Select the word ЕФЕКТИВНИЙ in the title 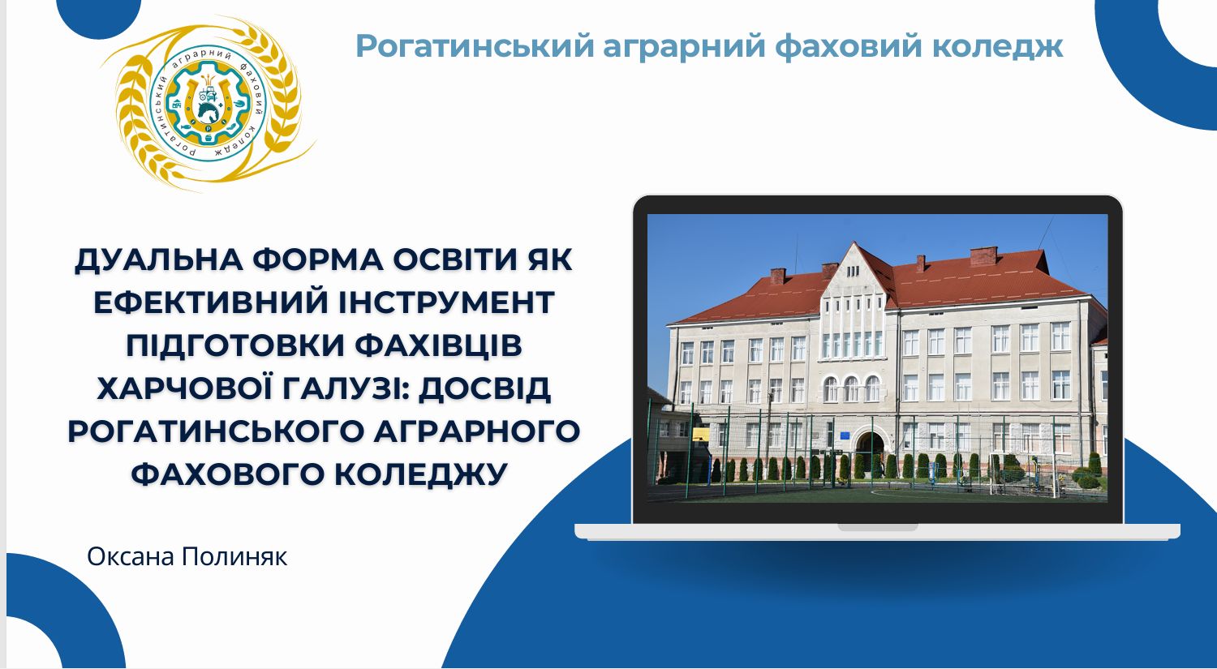209,302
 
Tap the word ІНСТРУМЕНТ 446,302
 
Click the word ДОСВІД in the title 484,389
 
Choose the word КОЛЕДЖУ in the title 420,474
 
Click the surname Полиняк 234,557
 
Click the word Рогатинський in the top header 475,45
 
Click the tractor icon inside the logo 208,94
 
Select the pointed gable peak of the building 855,244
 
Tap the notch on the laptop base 877,527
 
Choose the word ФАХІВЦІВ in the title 439,346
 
